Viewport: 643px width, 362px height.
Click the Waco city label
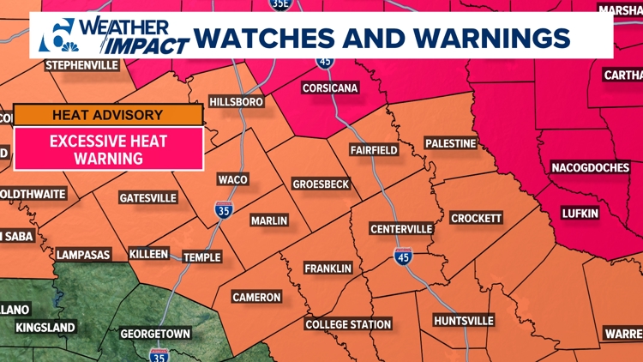point(232,179)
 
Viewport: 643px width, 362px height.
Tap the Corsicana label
point(330,88)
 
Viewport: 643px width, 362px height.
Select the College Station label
point(349,324)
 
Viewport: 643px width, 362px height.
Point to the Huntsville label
point(464,320)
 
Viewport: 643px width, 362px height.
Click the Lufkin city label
point(580,212)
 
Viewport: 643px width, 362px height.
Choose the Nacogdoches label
point(590,167)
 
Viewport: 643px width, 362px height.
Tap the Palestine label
point(450,143)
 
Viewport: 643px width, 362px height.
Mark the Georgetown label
point(154,333)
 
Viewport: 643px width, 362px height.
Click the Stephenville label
point(82,65)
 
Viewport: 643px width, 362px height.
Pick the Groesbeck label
point(320,184)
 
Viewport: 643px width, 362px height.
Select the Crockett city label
point(476,218)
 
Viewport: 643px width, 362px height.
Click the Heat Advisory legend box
point(108,115)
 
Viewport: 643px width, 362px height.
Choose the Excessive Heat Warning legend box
point(108,148)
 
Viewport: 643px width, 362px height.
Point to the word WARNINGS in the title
point(483,38)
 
